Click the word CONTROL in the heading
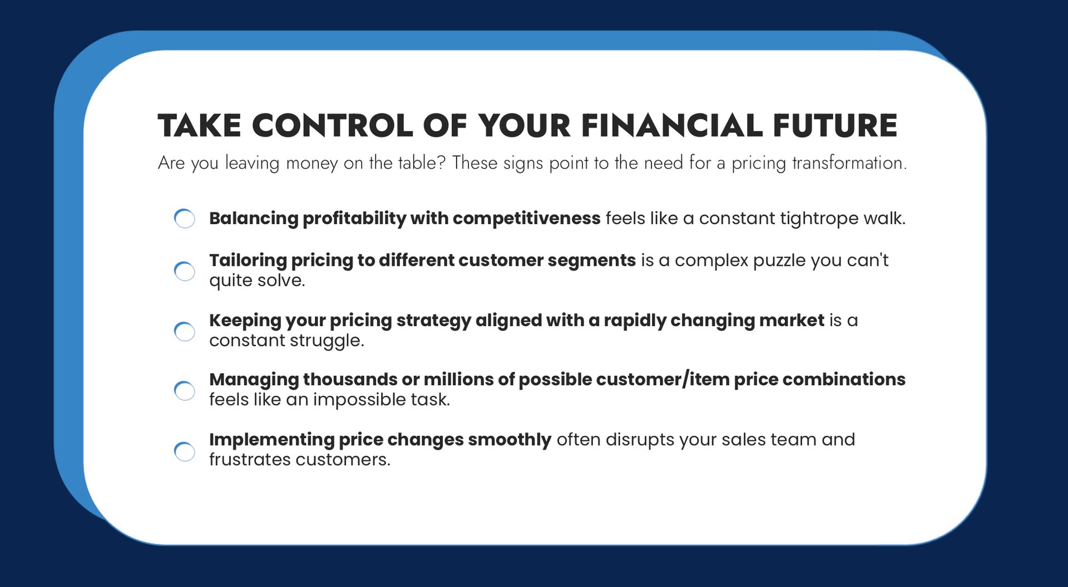pyautogui.click(x=332, y=125)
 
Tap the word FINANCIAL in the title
pyautogui.click(x=672, y=125)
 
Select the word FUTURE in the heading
pyautogui.click(x=835, y=125)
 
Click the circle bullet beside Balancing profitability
pyautogui.click(x=185, y=218)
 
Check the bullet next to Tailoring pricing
pyautogui.click(x=185, y=271)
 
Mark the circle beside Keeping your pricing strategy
pyautogui.click(x=185, y=331)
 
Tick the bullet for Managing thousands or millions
pyautogui.click(x=185, y=390)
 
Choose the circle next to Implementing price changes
pyautogui.click(x=185, y=451)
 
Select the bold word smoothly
pyautogui.click(x=510, y=440)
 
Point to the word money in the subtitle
pyautogui.click(x=311, y=163)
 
